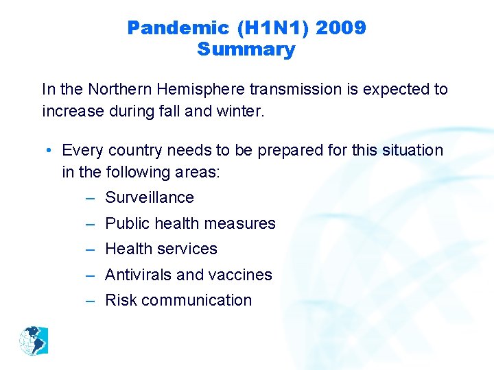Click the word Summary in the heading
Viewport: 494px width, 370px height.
click(x=246, y=50)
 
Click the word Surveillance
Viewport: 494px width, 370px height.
click(x=149, y=197)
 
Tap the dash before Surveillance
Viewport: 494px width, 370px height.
click(x=91, y=198)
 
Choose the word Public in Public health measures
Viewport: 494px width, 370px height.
click(x=127, y=223)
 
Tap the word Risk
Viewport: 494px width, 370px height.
click(x=121, y=300)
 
